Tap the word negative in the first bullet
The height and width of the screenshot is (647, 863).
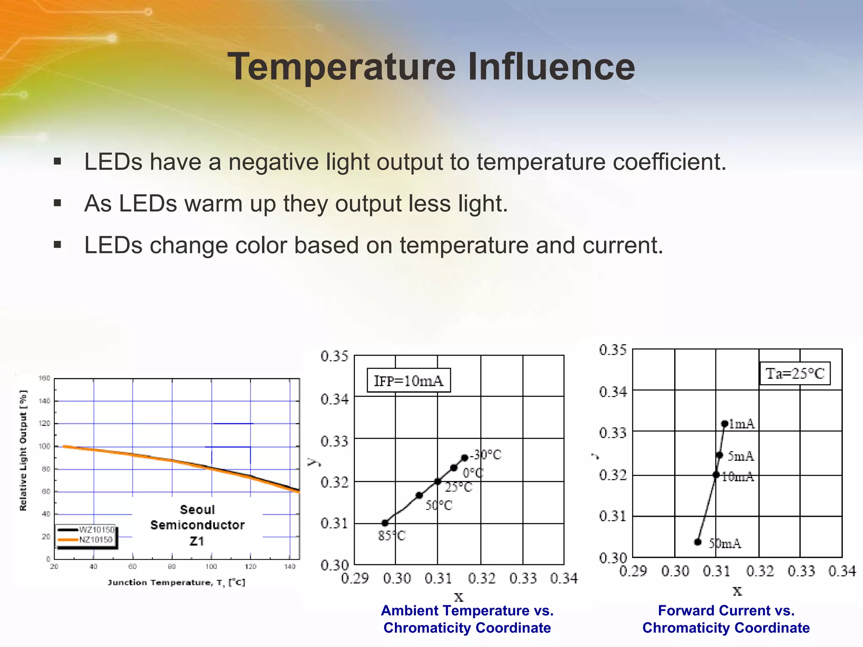pyautogui.click(x=273, y=162)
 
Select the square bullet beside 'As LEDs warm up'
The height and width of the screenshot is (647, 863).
pyautogui.click(x=58, y=204)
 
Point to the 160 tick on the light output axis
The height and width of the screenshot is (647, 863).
pyautogui.click(x=44, y=378)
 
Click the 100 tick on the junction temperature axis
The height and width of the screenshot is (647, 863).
pyautogui.click(x=211, y=567)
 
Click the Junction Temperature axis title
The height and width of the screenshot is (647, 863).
pyautogui.click(x=176, y=583)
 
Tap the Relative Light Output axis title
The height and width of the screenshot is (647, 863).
pyautogui.click(x=23, y=450)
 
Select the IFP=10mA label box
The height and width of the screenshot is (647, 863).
pyautogui.click(x=408, y=381)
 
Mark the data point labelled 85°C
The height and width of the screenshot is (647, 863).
pyautogui.click(x=385, y=523)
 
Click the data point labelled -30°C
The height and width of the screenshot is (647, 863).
pyautogui.click(x=464, y=458)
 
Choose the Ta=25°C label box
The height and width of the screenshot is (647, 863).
pyautogui.click(x=795, y=374)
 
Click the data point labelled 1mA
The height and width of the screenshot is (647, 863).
pyautogui.click(x=725, y=424)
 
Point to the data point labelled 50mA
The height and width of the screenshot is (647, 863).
pyautogui.click(x=698, y=542)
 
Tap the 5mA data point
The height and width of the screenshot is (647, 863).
pyautogui.click(x=719, y=455)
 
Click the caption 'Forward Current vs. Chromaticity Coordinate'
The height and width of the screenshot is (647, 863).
pyautogui.click(x=726, y=619)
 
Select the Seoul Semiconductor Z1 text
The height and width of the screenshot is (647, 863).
pyautogui.click(x=197, y=525)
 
